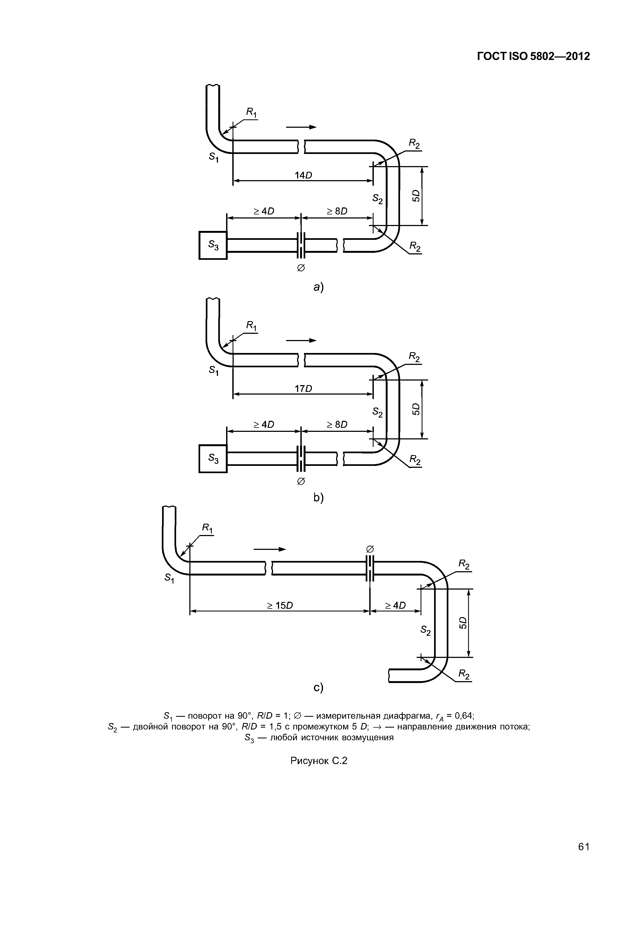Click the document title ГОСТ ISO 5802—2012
tap(534, 56)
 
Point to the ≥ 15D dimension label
tap(280, 606)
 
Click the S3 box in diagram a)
tap(213, 245)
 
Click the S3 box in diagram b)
tap(213, 459)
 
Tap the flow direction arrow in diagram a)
tap(301, 127)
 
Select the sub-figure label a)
tap(319, 287)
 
